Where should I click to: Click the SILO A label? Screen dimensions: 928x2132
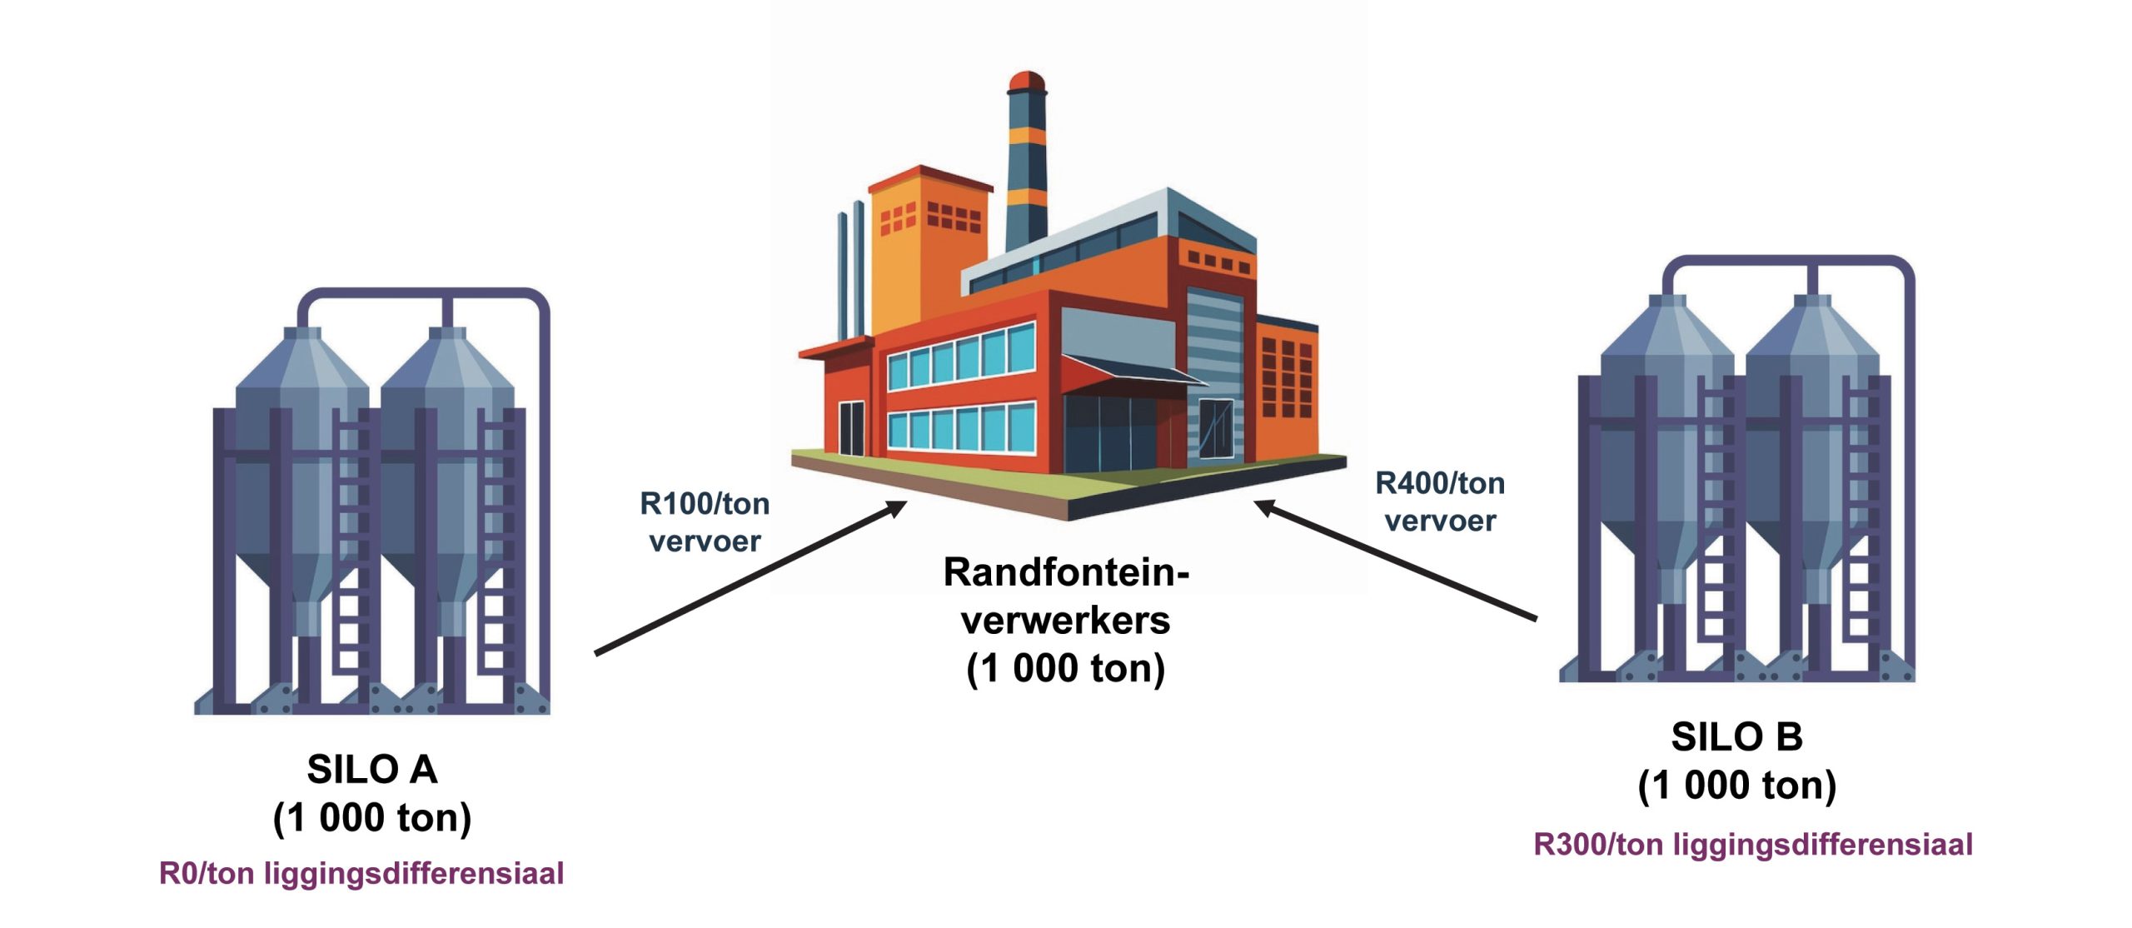371,769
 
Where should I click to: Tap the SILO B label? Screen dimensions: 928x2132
1736,736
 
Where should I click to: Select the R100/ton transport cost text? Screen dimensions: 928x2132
705,504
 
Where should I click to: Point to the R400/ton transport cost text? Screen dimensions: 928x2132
1439,483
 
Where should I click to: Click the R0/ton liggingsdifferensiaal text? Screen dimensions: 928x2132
361,873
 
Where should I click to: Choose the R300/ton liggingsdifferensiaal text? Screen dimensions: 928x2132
1753,844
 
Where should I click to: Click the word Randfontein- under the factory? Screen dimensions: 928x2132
1065,572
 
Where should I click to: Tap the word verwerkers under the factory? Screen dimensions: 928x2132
1065,621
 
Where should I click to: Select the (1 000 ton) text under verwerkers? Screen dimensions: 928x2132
1065,668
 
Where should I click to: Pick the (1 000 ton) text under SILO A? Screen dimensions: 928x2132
371,817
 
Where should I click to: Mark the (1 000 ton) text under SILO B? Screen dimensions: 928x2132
1736,785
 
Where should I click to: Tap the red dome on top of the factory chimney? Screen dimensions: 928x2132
1026,81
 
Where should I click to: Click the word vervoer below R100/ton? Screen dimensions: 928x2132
705,541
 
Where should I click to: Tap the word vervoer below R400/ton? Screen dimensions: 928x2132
1439,521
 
